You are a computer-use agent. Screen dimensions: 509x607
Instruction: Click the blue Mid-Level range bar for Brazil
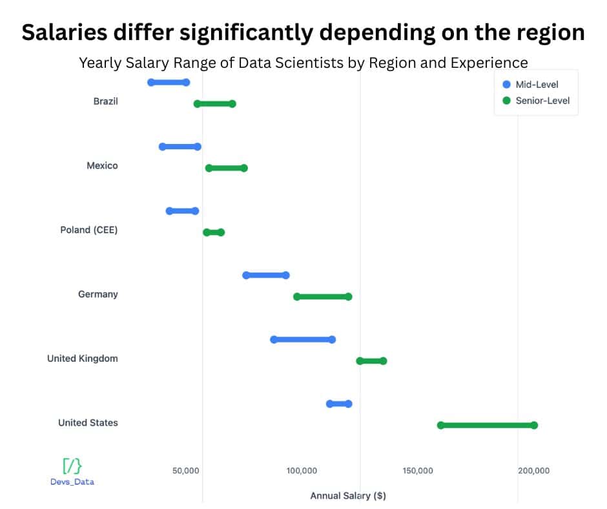point(169,82)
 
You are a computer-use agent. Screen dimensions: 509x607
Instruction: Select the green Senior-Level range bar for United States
point(487,425)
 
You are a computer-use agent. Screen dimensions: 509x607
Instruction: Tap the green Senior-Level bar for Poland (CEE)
point(214,232)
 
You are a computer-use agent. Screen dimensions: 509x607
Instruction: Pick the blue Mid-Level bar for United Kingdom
point(303,339)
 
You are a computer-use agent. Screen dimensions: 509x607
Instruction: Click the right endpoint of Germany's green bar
point(349,296)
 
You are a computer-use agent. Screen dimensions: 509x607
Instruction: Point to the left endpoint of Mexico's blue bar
point(163,147)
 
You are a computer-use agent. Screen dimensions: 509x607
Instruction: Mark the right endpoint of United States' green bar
point(534,425)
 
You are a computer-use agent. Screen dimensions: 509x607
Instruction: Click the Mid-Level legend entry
point(536,85)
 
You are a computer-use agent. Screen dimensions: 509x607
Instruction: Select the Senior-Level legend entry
point(541,100)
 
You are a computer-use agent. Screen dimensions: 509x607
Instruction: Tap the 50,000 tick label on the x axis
point(186,470)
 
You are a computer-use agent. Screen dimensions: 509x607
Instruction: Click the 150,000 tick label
point(418,470)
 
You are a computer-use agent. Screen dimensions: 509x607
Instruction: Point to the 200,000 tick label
point(533,470)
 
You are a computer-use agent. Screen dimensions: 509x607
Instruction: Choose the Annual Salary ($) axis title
point(348,495)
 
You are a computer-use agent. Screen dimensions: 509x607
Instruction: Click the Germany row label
point(98,294)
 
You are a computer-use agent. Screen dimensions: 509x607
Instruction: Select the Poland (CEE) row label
point(89,229)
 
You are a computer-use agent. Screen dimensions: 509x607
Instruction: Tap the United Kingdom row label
point(83,358)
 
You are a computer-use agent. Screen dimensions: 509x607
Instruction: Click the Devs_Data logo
point(72,472)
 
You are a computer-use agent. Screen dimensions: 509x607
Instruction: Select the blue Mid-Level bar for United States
point(339,404)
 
